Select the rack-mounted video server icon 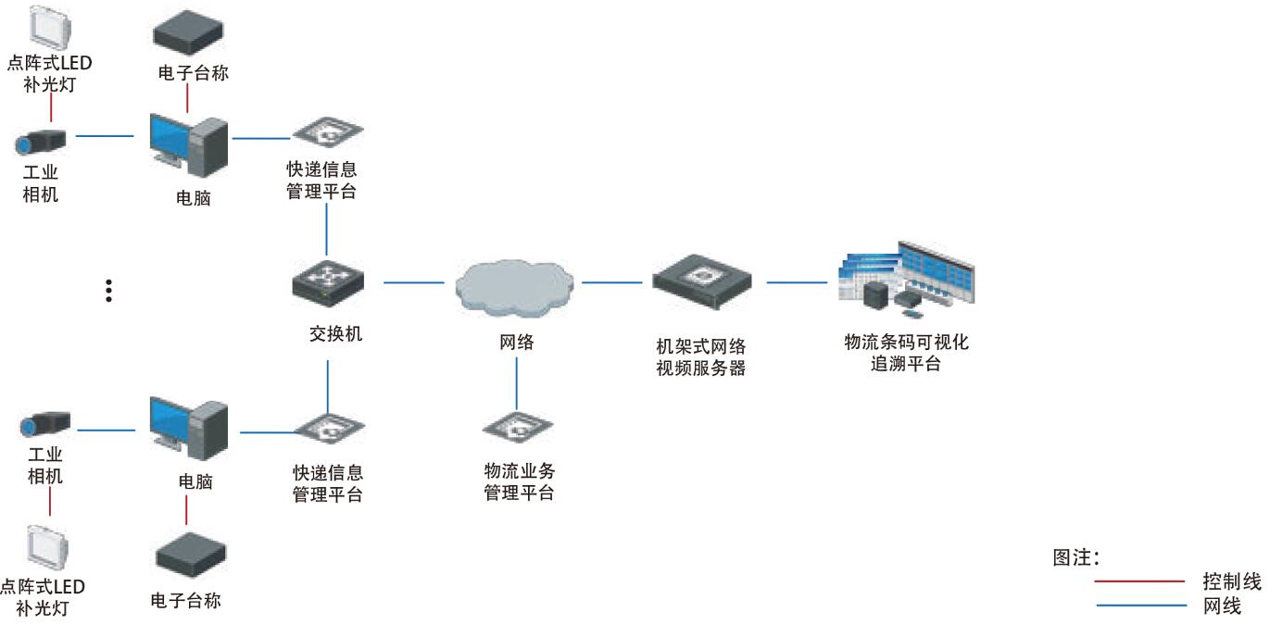click(x=701, y=281)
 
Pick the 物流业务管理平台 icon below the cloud click(x=517, y=428)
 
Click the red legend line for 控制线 click(x=1140, y=581)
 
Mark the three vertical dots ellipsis click(x=108, y=290)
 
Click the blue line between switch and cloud click(x=413, y=281)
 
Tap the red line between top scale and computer click(x=188, y=98)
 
